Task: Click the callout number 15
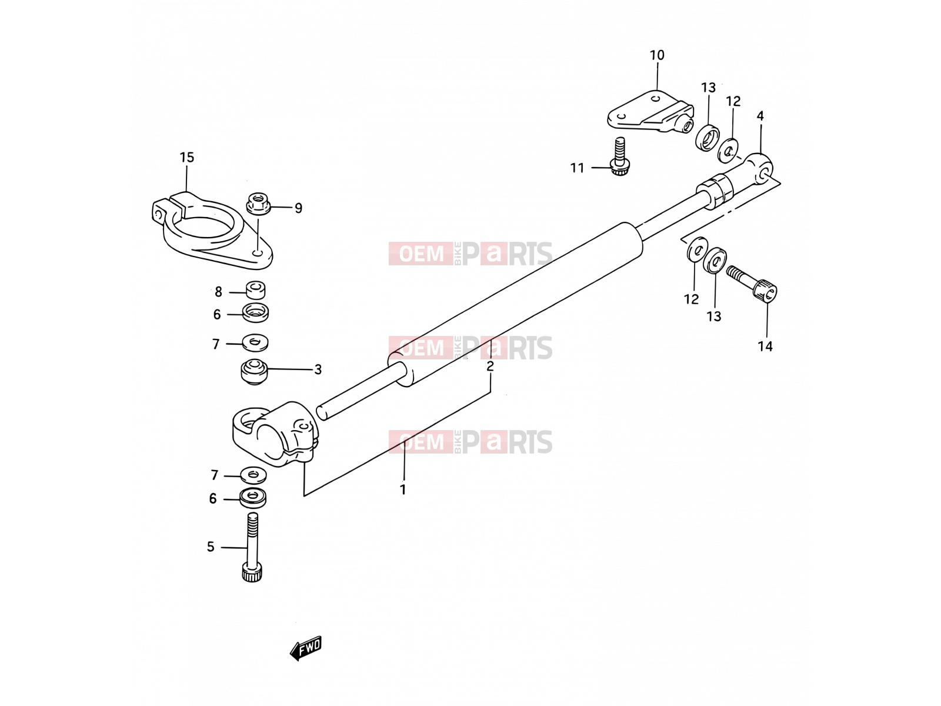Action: coord(187,158)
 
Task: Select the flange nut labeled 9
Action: coord(258,204)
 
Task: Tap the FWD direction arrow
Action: coord(306,648)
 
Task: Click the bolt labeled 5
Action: coord(252,547)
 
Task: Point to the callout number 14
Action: coord(765,347)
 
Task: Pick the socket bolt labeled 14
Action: coord(752,284)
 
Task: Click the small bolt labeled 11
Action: coord(619,157)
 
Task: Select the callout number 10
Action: coord(657,55)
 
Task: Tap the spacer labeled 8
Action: coord(255,290)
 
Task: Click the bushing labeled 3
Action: coord(254,372)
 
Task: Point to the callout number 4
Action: coord(760,116)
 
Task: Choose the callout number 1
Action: coord(403,489)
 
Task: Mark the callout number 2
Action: coord(490,367)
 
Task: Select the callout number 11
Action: coord(577,168)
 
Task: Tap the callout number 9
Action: coord(298,208)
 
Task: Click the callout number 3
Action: coord(318,369)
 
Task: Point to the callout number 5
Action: coord(211,547)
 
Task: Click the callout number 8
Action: coord(218,292)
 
